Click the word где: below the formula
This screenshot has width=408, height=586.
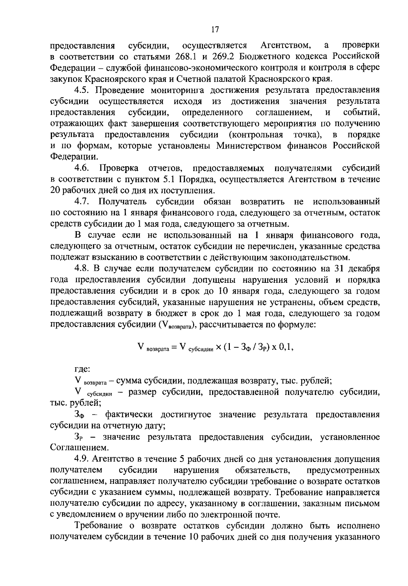(82, 369)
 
